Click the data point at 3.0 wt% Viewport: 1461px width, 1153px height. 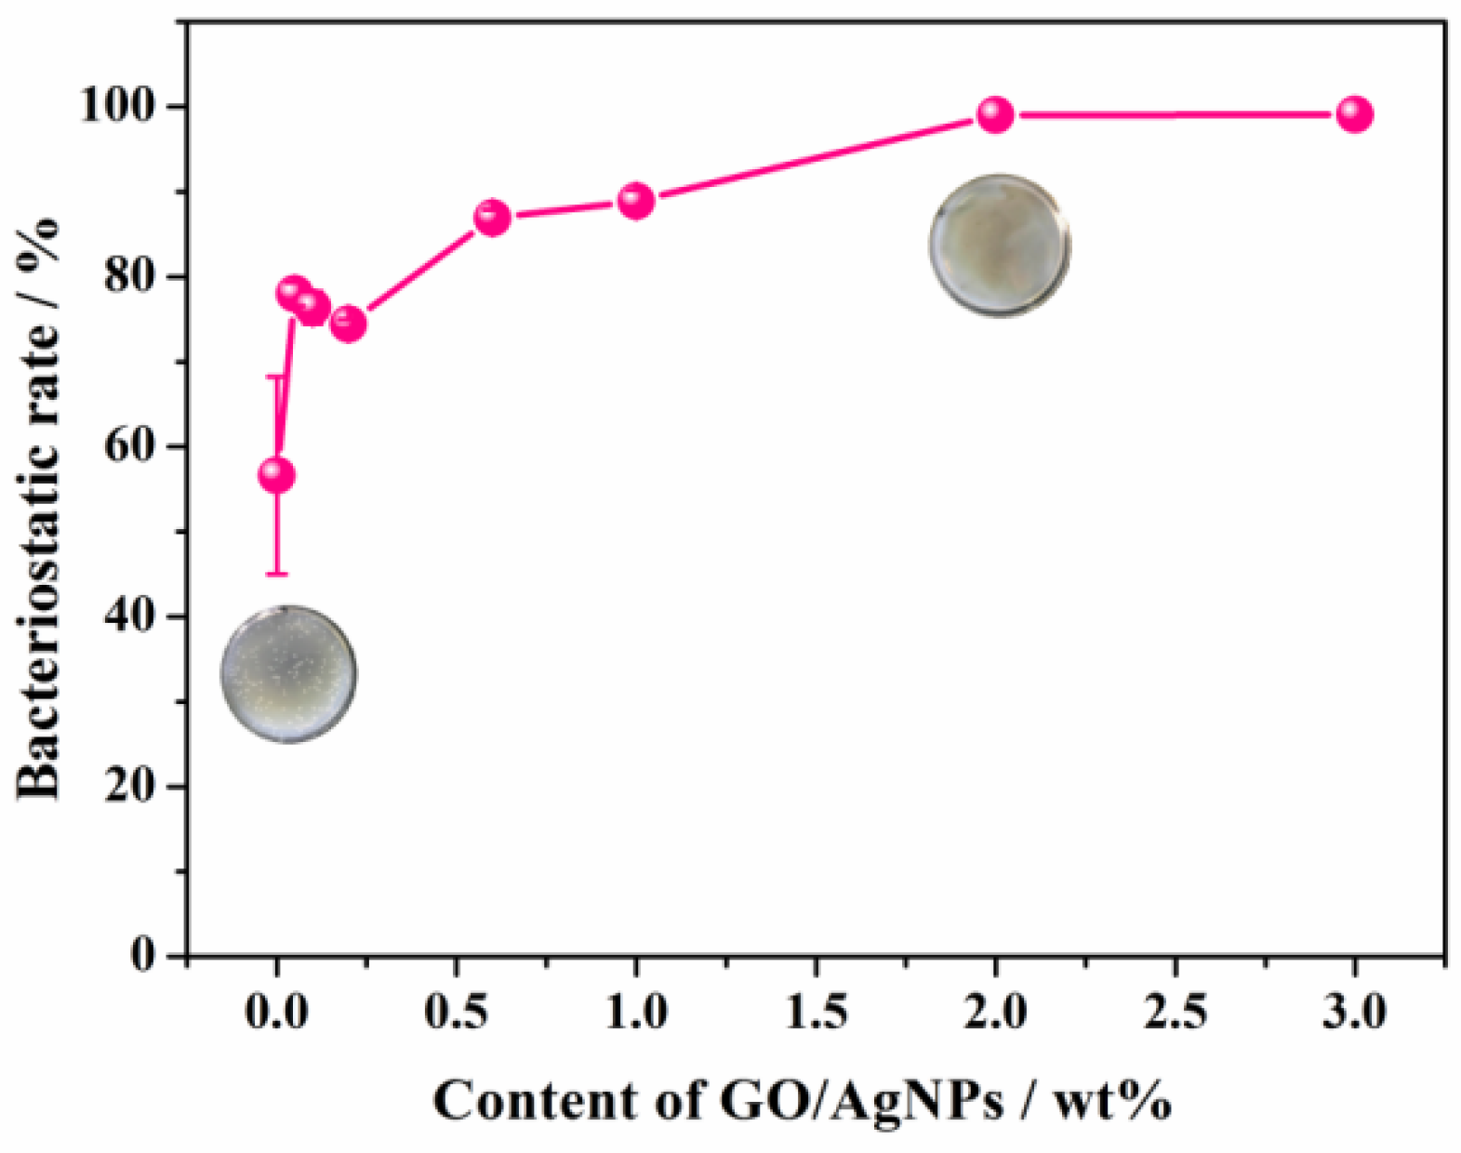(1354, 114)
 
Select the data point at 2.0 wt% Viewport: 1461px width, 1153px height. (995, 114)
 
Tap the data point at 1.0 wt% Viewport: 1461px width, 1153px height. (636, 200)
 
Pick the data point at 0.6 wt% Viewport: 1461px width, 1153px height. (492, 218)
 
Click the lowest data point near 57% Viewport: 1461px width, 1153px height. (276, 475)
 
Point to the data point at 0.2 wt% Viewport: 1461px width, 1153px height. (348, 324)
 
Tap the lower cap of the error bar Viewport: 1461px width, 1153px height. (276, 574)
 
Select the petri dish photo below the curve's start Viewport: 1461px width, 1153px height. (288, 674)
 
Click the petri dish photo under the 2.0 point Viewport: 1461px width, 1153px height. (999, 245)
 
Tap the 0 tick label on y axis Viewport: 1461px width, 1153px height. (144, 955)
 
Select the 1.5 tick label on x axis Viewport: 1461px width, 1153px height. (816, 1012)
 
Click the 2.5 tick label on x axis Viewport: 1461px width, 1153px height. (1175, 1012)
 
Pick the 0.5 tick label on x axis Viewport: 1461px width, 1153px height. (456, 1012)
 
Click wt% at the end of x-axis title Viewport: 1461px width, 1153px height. (1112, 1102)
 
